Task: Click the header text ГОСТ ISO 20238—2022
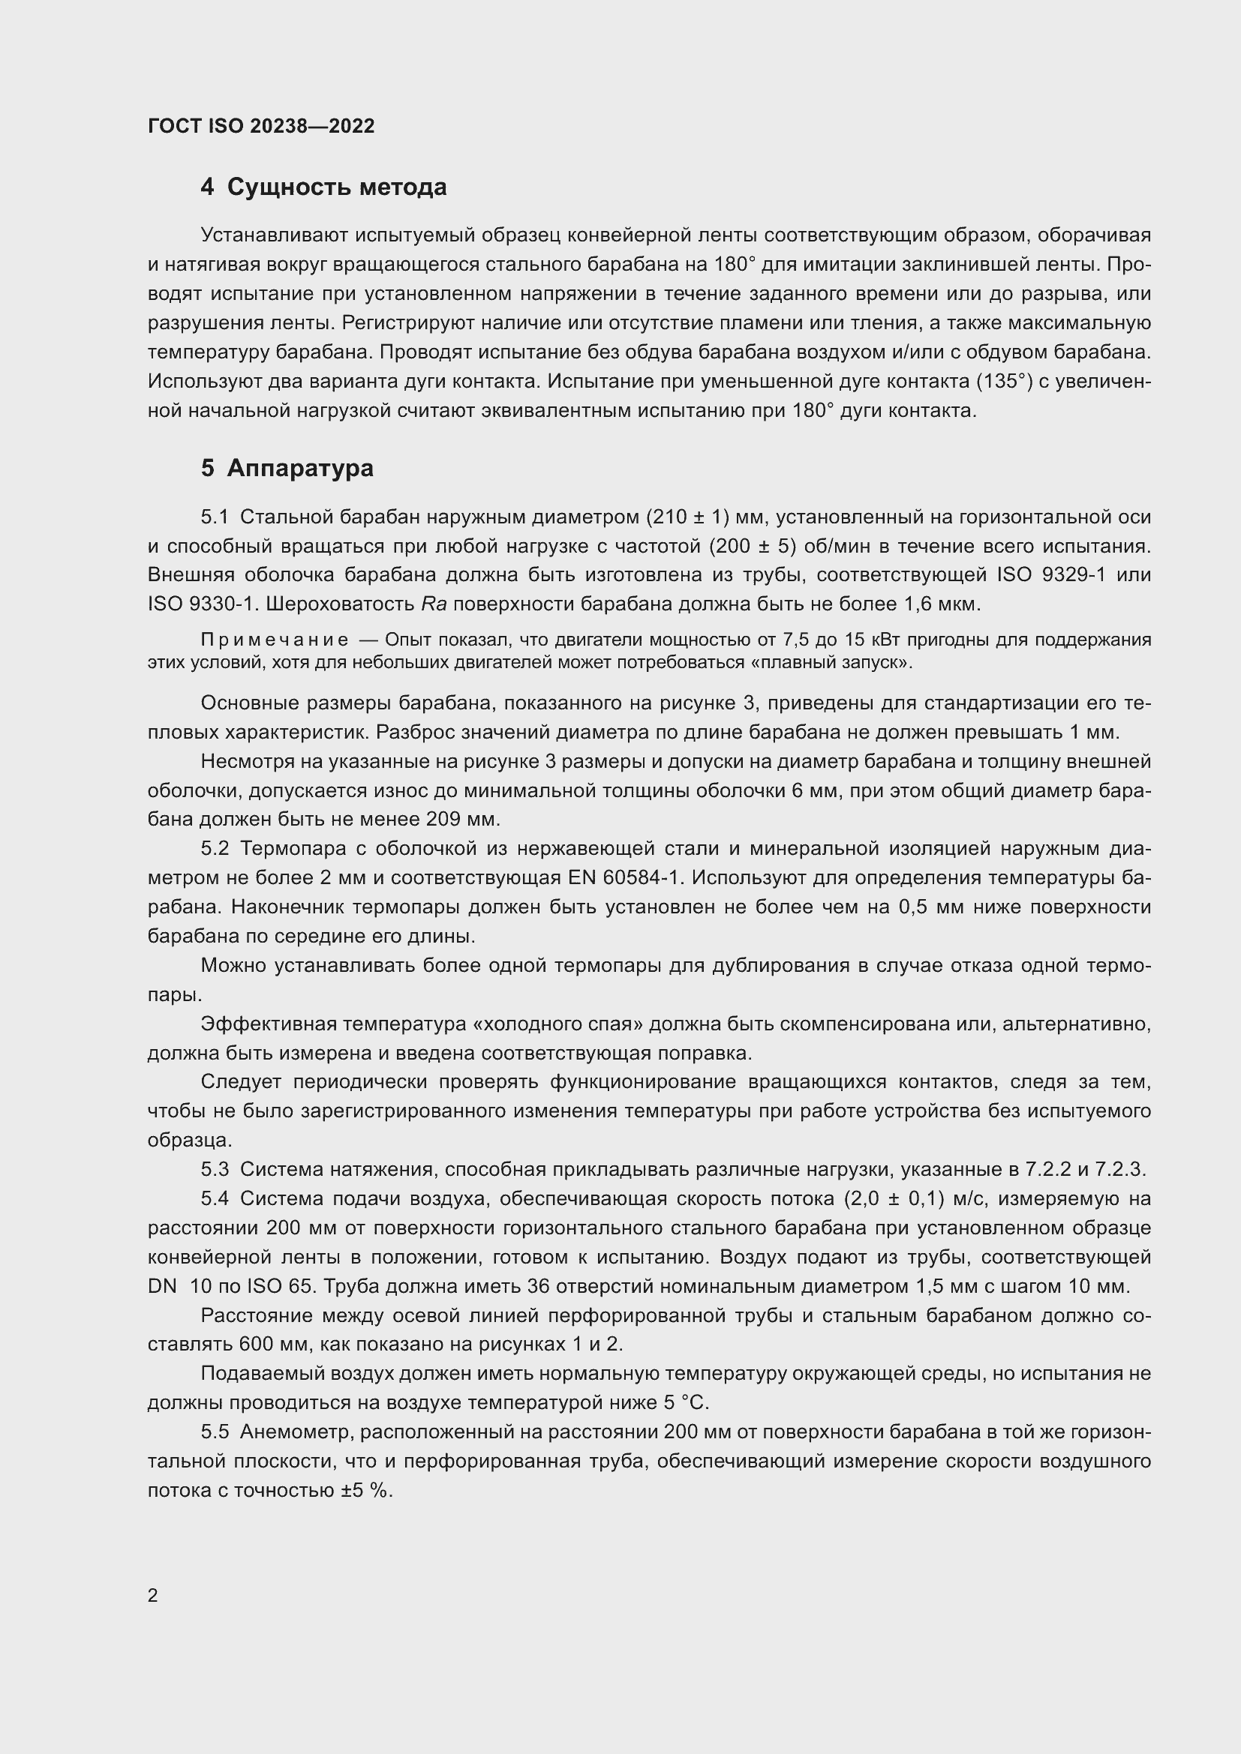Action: click(261, 126)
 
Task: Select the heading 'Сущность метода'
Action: click(336, 187)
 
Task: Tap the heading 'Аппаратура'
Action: click(299, 467)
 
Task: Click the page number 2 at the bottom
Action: click(153, 1595)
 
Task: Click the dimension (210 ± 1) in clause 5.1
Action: click(687, 517)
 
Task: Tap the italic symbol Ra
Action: click(433, 604)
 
